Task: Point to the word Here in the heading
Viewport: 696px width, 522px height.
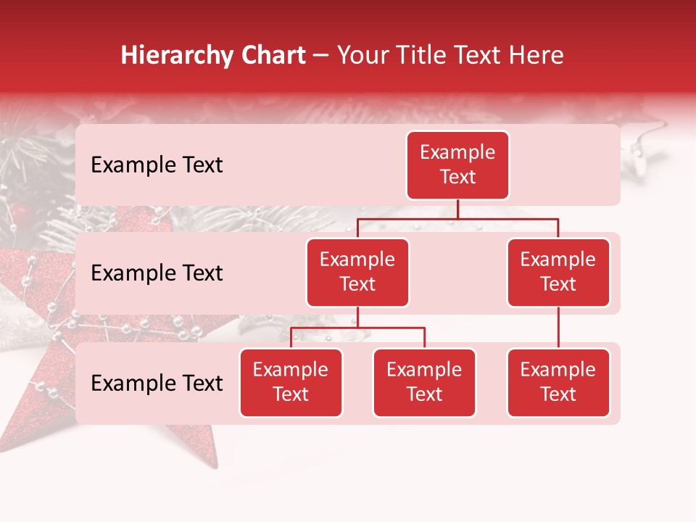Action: click(x=536, y=56)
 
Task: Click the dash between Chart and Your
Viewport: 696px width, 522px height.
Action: click(x=321, y=57)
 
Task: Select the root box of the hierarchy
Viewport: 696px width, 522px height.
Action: click(x=457, y=165)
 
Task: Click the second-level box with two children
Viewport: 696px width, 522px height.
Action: click(x=357, y=272)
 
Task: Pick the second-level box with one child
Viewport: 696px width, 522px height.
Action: click(x=558, y=272)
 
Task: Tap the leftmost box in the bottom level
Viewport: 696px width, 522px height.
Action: click(x=291, y=382)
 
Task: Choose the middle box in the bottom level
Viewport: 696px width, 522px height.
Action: click(x=424, y=382)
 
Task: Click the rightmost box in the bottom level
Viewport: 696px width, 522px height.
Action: click(x=558, y=382)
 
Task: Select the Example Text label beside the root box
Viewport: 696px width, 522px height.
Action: click(x=157, y=165)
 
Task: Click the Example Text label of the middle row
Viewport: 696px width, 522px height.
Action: click(x=157, y=273)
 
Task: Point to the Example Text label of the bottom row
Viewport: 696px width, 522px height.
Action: click(x=157, y=383)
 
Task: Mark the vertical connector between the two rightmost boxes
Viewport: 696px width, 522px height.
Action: click(x=558, y=328)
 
